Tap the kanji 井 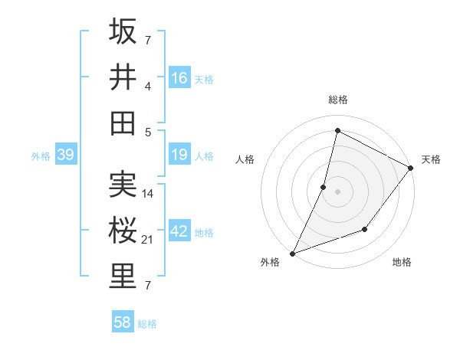click(123, 77)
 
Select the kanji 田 click(123, 123)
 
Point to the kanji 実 click(123, 184)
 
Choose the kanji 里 click(123, 277)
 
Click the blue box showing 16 click(179, 78)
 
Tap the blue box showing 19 click(179, 155)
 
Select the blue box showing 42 click(179, 232)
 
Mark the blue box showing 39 click(66, 155)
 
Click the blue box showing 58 click(123, 322)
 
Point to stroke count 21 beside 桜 click(149, 240)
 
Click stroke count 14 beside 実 click(149, 194)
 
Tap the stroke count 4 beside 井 click(149, 87)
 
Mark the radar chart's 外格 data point click(292, 254)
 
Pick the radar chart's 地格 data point click(366, 229)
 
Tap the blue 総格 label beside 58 click(147, 324)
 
